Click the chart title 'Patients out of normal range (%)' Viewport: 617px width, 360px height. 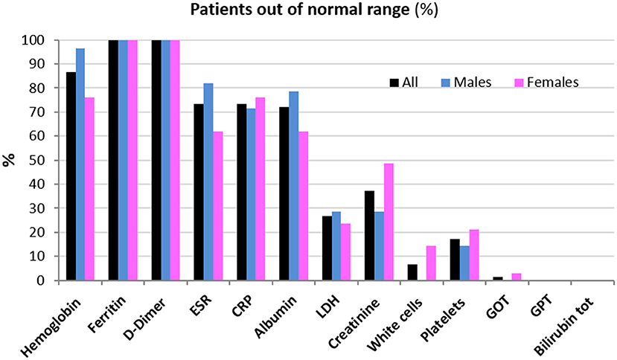tap(308, 11)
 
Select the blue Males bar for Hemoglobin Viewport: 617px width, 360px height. tap(80, 164)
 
